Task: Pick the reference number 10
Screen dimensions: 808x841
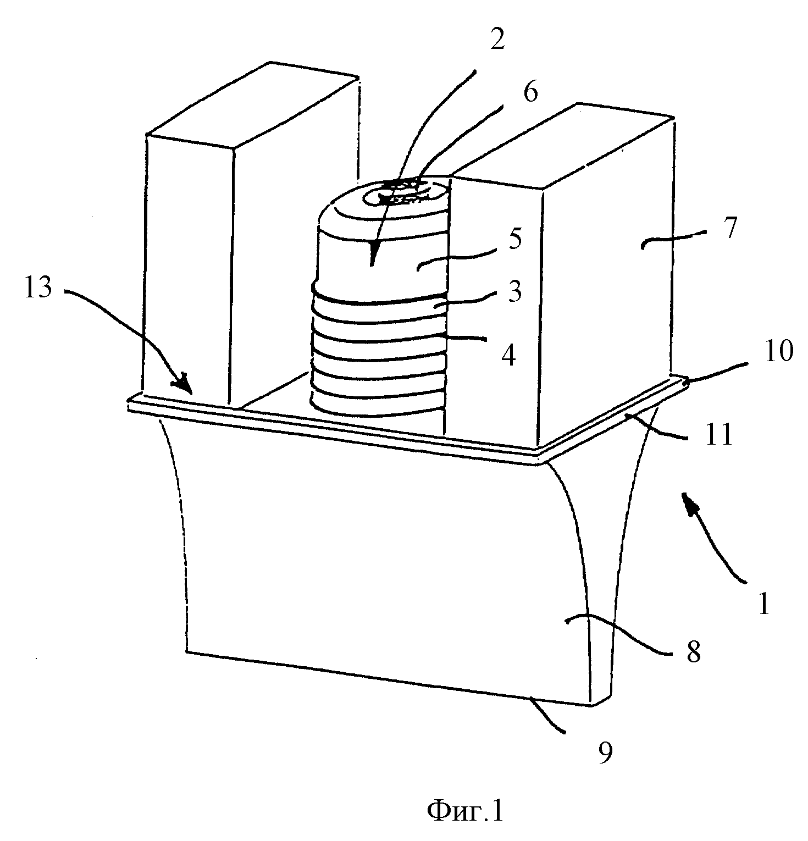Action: coord(778,351)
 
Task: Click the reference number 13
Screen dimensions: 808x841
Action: coord(38,288)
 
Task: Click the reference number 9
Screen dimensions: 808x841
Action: coord(604,753)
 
